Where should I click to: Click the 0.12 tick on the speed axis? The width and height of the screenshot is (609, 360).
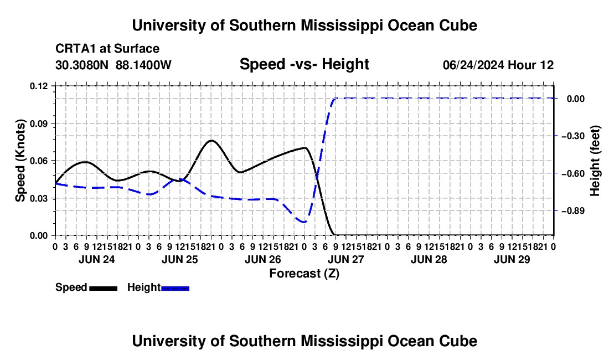pyautogui.click(x=38, y=86)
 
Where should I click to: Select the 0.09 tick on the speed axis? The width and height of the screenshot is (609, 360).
pyautogui.click(x=38, y=124)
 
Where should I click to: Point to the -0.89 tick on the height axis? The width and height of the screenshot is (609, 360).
pyautogui.click(x=573, y=211)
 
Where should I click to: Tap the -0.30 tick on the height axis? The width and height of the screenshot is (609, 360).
pyautogui.click(x=573, y=136)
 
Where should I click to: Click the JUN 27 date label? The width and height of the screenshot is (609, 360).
pyautogui.click(x=345, y=259)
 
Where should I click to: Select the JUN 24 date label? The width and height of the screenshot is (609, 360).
pyautogui.click(x=97, y=259)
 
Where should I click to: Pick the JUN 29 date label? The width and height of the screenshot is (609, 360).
pyautogui.click(x=512, y=259)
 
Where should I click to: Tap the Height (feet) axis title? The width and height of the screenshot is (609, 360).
pyautogui.click(x=595, y=161)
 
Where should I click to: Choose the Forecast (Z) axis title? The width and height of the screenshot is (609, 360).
pyautogui.click(x=304, y=274)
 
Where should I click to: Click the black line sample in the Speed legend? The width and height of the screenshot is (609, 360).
pyautogui.click(x=104, y=288)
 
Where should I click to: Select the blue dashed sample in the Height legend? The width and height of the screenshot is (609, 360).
pyautogui.click(x=175, y=288)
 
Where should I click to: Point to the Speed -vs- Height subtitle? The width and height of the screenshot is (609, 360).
pyautogui.click(x=304, y=64)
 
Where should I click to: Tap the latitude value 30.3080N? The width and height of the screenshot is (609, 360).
pyautogui.click(x=82, y=65)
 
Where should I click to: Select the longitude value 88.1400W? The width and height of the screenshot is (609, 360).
pyautogui.click(x=143, y=65)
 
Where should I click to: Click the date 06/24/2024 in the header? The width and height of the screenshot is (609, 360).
pyautogui.click(x=473, y=65)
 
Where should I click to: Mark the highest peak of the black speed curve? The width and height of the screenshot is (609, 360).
pyautogui.click(x=211, y=140)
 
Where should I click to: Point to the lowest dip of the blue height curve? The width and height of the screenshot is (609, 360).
pyautogui.click(x=304, y=222)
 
